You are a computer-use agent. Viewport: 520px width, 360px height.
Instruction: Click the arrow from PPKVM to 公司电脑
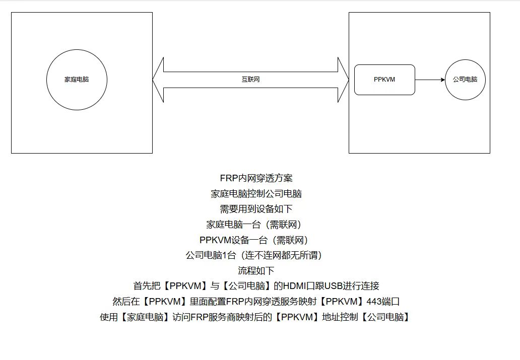coord(430,80)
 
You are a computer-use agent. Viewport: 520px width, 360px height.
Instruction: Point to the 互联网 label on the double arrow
coord(250,80)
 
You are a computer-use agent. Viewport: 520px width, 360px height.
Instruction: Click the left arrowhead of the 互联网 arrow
coord(158,80)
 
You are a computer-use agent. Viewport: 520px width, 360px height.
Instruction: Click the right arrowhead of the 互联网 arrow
coord(343,80)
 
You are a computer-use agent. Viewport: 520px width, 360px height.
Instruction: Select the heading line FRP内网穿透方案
coord(256,178)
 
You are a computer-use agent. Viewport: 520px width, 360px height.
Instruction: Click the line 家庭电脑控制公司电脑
coord(256,193)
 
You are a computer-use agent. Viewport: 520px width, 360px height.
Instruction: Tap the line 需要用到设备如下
coord(256,209)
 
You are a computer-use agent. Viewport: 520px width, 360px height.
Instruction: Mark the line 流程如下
coord(256,271)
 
